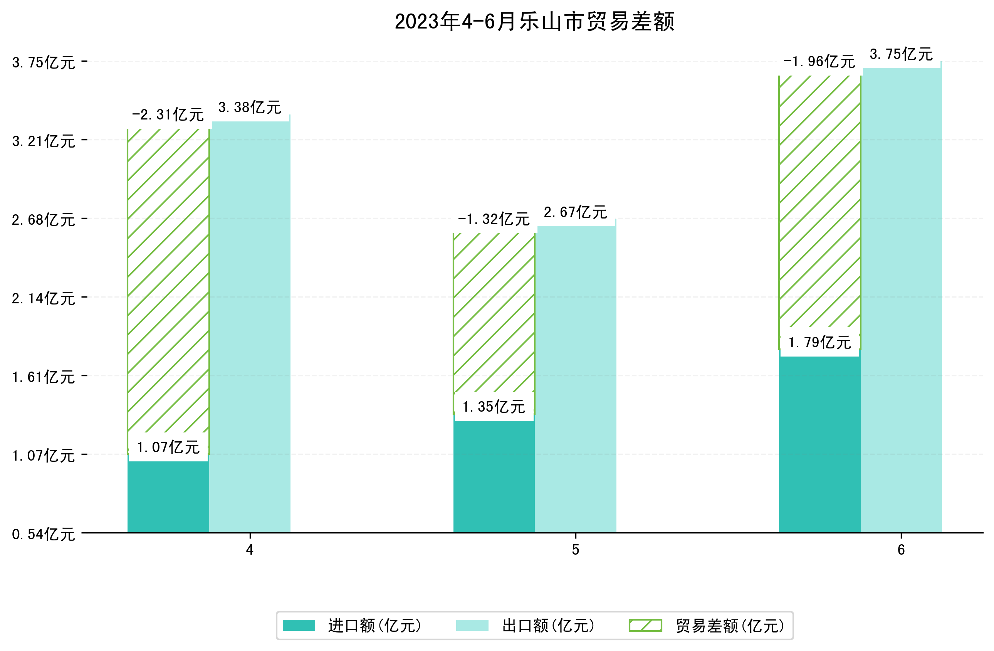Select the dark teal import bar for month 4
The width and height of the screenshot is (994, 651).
(168, 497)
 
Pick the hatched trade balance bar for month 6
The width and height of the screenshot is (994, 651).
(819, 200)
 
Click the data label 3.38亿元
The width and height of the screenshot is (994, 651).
(250, 108)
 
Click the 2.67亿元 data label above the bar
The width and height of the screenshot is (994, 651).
(575, 213)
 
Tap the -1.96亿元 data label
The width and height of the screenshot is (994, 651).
(819, 62)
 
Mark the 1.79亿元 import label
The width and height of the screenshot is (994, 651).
(819, 343)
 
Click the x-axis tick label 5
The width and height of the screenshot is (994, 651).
(576, 550)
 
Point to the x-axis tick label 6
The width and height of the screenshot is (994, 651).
(901, 550)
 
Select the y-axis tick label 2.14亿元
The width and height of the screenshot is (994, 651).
(44, 298)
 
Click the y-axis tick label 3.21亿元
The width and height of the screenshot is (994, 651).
(44, 141)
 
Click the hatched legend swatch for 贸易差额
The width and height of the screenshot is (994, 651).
(645, 626)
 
